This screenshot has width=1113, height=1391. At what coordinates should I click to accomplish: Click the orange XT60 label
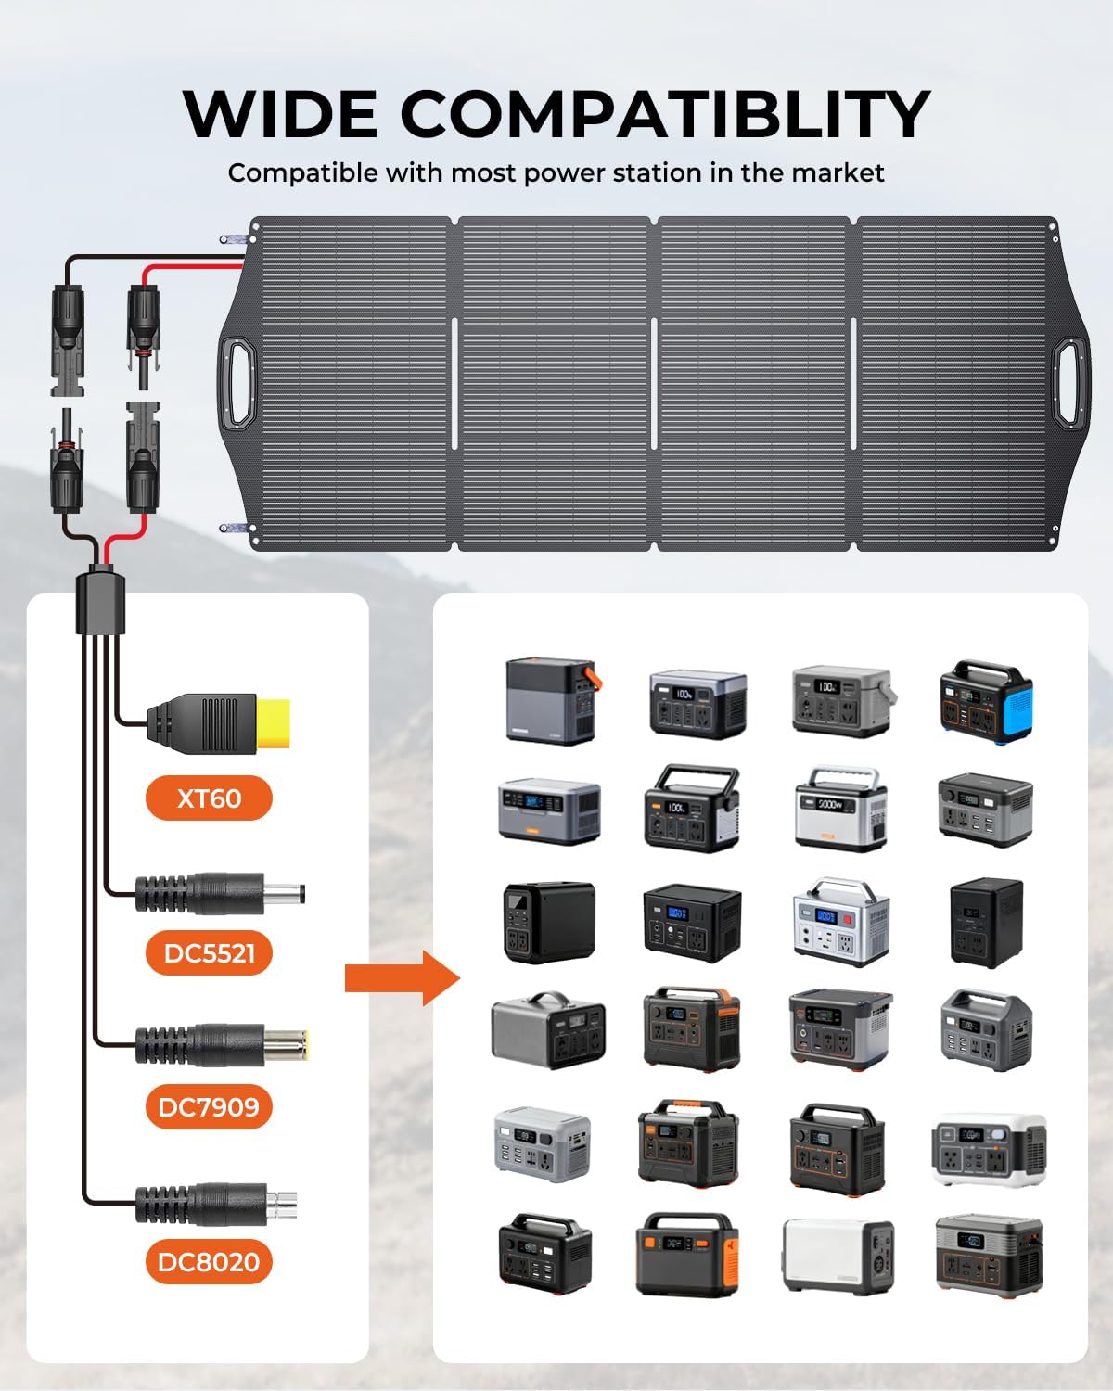[209, 798]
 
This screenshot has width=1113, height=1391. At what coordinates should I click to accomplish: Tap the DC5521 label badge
[209, 952]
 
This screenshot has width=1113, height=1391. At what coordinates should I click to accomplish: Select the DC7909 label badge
[209, 1106]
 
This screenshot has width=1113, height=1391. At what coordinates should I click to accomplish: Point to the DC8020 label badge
[209, 1261]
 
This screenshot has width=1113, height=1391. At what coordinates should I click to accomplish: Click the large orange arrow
[402, 977]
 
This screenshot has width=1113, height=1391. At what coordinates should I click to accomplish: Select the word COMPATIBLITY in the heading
[664, 115]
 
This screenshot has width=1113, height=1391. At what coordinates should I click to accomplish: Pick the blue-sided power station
[986, 701]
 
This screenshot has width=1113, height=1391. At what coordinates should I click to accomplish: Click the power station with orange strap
[550, 700]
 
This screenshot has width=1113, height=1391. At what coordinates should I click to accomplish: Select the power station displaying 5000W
[840, 808]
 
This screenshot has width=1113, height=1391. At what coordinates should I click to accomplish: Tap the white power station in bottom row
[838, 1256]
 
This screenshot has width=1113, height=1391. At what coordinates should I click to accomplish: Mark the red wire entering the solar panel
[195, 268]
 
